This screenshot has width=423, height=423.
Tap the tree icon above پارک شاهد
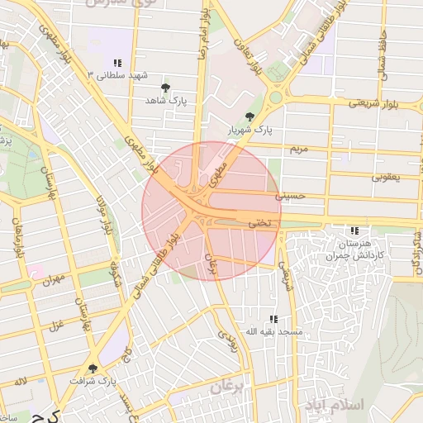point(165,88)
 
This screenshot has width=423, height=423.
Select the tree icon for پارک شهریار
point(250,117)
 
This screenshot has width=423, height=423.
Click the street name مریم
point(297,149)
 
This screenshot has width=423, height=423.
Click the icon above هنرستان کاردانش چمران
point(354,231)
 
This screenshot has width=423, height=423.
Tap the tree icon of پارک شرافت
point(92,369)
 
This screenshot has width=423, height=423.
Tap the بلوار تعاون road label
point(245,55)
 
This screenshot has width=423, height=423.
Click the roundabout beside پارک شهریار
point(275,97)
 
